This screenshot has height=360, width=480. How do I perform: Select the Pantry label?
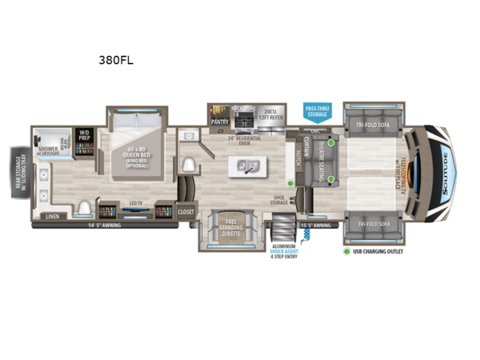click(x=219, y=122)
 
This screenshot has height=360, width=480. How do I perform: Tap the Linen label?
click(x=53, y=216)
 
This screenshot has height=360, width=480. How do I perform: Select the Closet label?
click(x=186, y=212)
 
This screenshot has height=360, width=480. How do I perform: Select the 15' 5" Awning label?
click(x=315, y=226)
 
